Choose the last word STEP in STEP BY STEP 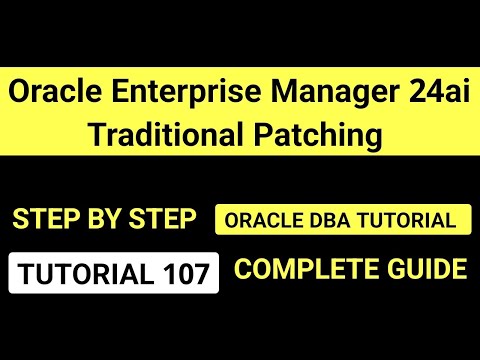161,219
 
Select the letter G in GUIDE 394,269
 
